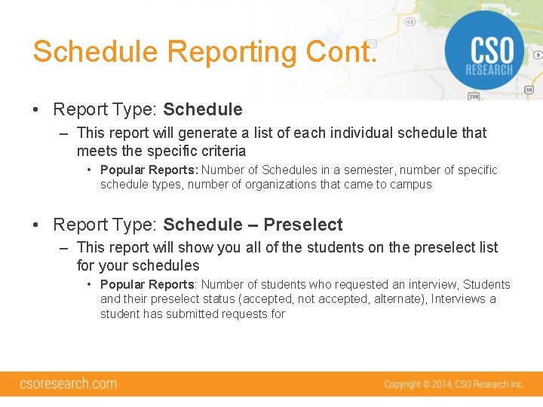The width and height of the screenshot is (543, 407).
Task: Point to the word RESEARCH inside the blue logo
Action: coord(489,70)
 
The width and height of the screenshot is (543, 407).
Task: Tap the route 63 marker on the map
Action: coord(410,22)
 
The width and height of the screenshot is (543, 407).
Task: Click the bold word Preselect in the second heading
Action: coord(303,225)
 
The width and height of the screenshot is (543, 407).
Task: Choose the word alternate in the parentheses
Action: coord(398,299)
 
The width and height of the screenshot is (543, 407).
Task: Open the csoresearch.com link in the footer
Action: coord(69,384)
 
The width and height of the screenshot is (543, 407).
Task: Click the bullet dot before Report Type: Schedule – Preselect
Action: coord(37,225)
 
